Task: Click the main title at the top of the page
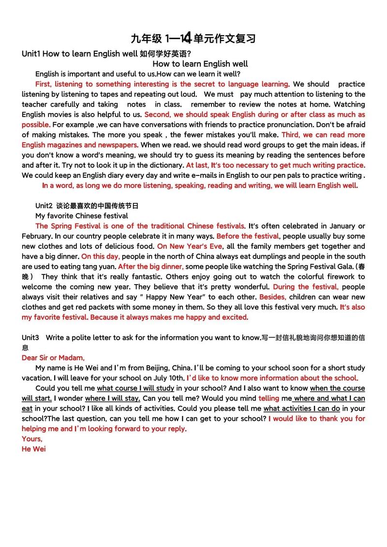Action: (x=193, y=38)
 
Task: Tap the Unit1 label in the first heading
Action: (x=31, y=54)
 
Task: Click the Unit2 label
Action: (x=45, y=206)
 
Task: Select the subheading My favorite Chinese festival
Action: (x=82, y=216)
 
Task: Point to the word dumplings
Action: (x=263, y=256)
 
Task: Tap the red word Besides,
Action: (x=273, y=297)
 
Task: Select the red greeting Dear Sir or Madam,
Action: (x=53, y=358)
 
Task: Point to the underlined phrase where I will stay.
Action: (x=113, y=398)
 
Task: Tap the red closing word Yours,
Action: (x=32, y=439)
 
